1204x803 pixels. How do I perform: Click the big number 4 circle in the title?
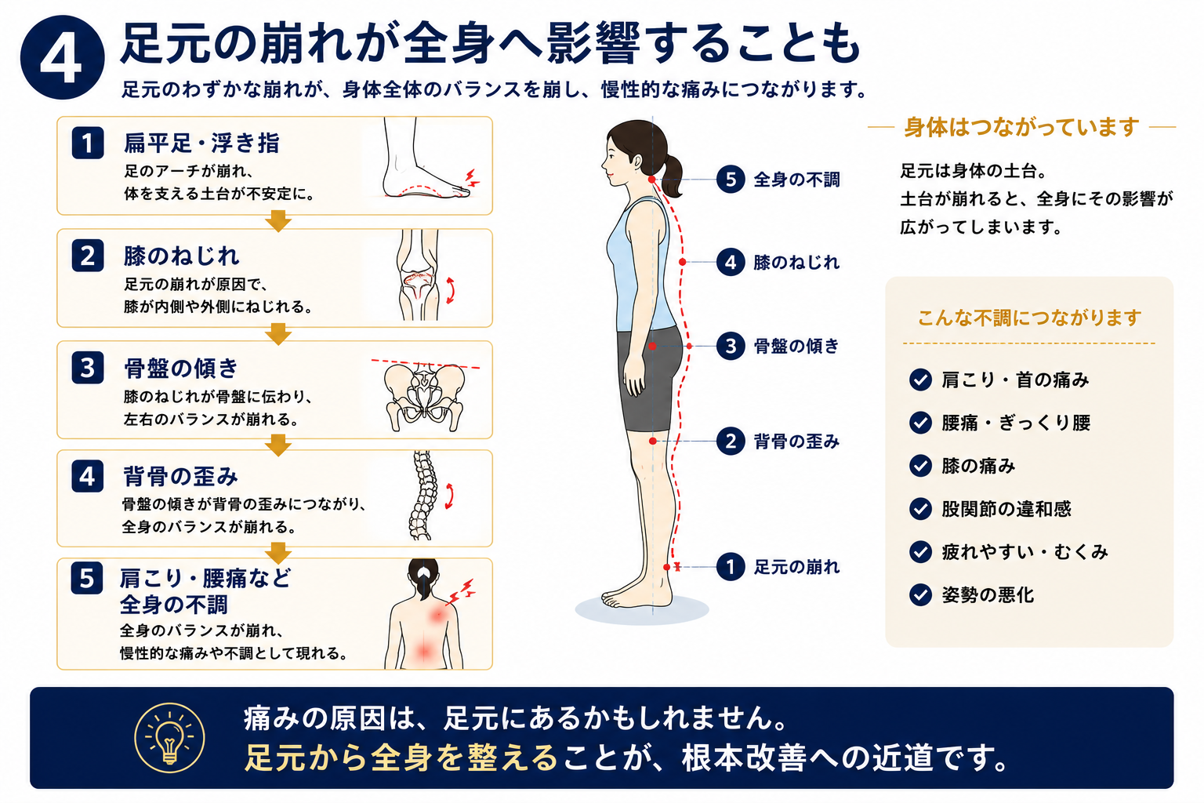(63, 57)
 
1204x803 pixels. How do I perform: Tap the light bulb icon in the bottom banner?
(169, 738)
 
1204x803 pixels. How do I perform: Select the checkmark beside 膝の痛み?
(920, 465)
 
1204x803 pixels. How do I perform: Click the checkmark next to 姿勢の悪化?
(920, 594)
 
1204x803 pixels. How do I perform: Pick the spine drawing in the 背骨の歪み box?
(423, 496)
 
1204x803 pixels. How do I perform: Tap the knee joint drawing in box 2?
(418, 275)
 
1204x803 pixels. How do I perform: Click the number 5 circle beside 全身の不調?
(731, 179)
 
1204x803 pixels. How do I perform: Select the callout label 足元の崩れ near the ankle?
(796, 567)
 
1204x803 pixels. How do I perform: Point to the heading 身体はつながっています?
(1021, 128)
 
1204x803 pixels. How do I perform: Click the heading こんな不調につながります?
(1029, 318)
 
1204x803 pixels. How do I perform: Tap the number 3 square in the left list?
(88, 368)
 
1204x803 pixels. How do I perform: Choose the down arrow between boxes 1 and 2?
(278, 221)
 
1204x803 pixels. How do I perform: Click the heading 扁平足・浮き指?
(201, 143)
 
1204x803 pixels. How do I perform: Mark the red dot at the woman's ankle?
(666, 567)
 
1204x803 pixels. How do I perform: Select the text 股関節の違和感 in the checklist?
(1006, 509)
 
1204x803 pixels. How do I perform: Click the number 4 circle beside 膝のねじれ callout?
(731, 262)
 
